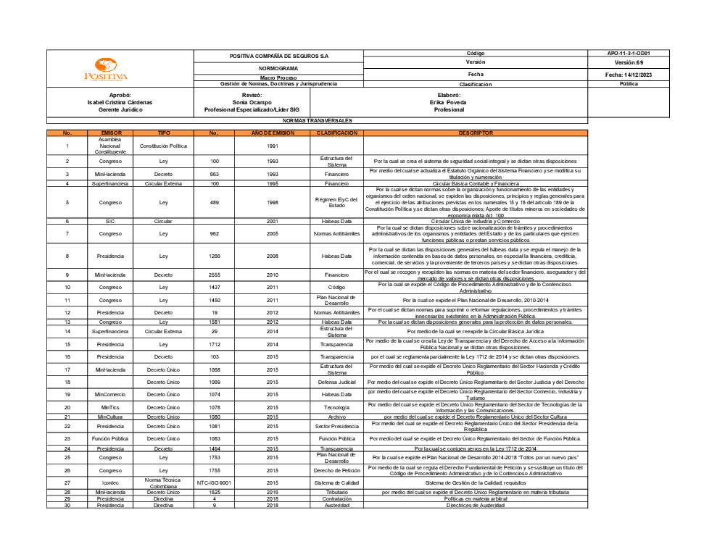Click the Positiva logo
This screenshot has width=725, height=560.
pyautogui.click(x=106, y=70)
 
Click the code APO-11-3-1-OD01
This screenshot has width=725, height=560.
pyautogui.click(x=629, y=54)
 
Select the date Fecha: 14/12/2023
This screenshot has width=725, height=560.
pyautogui.click(x=629, y=75)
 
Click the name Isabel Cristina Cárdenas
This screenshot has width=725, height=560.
pyautogui.click(x=120, y=102)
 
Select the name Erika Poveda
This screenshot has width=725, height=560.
pyautogui.click(x=448, y=102)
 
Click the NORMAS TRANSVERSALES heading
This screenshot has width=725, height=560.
pyautogui.click(x=317, y=120)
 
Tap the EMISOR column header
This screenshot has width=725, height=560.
pyautogui.click(x=111, y=133)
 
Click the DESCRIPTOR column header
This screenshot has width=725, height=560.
pyautogui.click(x=475, y=133)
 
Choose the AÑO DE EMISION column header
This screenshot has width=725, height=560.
pyautogui.click(x=273, y=133)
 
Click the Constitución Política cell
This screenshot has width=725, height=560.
pyautogui.click(x=163, y=146)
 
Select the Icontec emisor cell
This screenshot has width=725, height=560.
pyautogui.click(x=111, y=482)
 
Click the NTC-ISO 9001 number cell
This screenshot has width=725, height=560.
pyautogui.click(x=214, y=482)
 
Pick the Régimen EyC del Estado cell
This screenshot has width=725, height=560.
pyautogui.click(x=337, y=203)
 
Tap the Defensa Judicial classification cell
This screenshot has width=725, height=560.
pyautogui.click(x=337, y=382)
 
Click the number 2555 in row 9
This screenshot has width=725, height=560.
pyautogui.click(x=214, y=275)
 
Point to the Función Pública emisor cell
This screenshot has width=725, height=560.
pyautogui.click(x=111, y=438)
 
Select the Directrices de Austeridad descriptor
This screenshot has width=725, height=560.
pyautogui.click(x=475, y=505)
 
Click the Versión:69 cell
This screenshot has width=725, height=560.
pyautogui.click(x=629, y=63)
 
